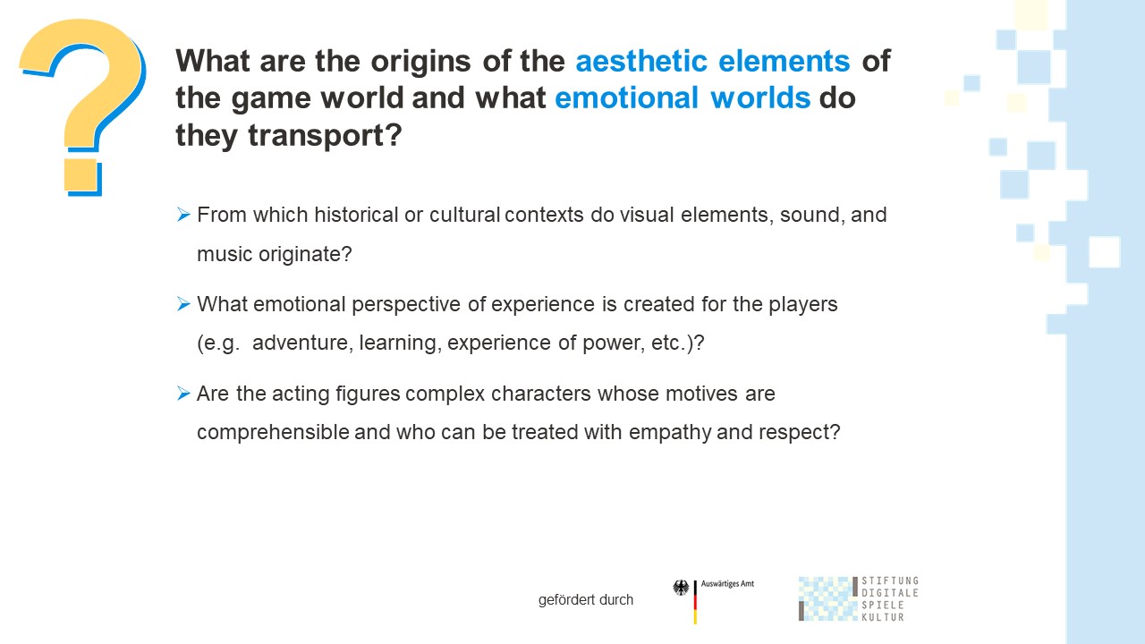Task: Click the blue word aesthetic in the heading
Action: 641,62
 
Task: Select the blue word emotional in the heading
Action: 627,97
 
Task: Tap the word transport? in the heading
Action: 325,136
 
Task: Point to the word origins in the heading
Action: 420,63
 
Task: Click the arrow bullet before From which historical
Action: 183,214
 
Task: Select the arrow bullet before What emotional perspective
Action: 183,303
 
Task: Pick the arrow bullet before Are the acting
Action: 183,393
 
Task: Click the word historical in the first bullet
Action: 356,215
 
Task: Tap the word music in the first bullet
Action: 225,254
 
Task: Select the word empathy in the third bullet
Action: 670,432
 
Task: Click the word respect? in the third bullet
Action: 800,433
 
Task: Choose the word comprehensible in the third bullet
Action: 273,432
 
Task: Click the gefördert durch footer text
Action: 586,599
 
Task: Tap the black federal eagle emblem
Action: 681,588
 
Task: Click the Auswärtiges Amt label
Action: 727,584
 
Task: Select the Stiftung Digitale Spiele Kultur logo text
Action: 890,599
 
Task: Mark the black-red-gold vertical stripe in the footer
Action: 695,602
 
